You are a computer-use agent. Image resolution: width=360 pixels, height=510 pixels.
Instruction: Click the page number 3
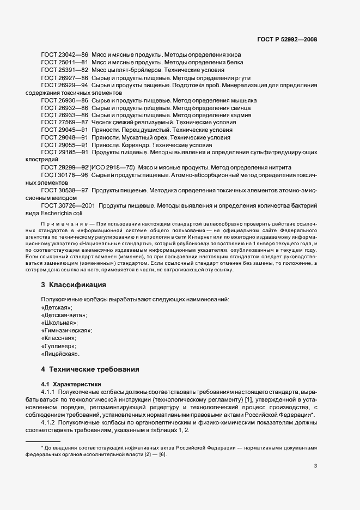tap(315, 465)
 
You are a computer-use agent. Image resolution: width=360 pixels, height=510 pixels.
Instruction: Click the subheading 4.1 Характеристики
tap(67, 384)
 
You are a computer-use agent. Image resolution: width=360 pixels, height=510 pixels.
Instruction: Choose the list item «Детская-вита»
tap(64, 315)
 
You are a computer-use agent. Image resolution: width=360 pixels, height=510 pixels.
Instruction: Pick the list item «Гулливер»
tap(59, 346)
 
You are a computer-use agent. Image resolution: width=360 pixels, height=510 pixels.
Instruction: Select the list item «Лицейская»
tap(60, 354)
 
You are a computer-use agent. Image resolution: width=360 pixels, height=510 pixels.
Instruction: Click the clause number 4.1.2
tap(50, 422)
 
